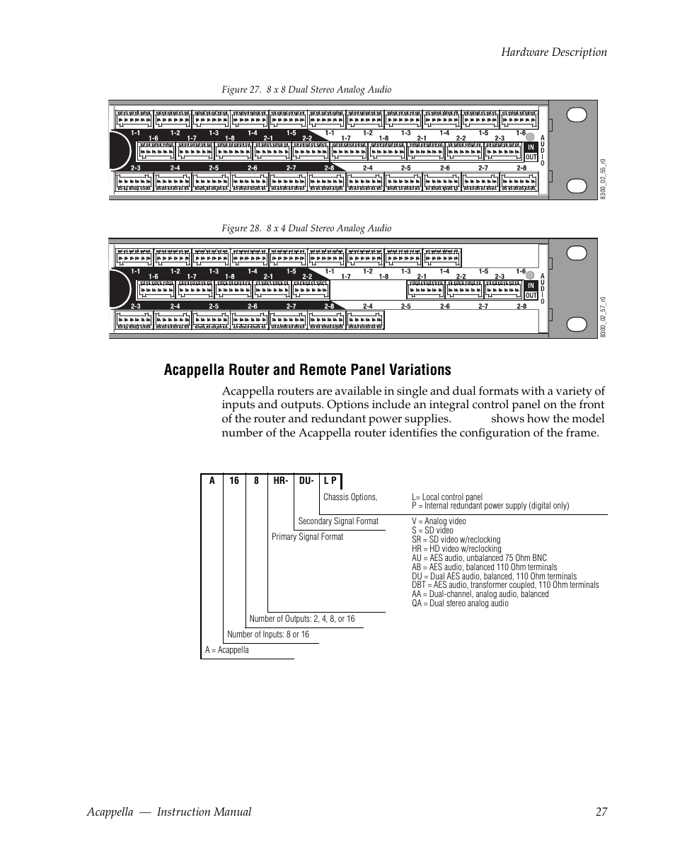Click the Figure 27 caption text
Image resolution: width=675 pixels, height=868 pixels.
point(306,90)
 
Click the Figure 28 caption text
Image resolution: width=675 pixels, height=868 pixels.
point(306,228)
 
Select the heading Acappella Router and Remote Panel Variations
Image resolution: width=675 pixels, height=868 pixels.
point(306,370)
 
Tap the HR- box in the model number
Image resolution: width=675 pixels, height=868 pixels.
point(280,481)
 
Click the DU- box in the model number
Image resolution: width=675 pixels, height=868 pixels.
point(306,481)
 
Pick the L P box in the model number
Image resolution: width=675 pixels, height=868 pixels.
point(330,481)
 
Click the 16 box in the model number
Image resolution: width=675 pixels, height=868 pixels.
point(234,481)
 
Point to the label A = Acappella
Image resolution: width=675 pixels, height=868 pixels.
point(227,650)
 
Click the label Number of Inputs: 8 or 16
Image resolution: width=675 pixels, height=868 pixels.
point(268,635)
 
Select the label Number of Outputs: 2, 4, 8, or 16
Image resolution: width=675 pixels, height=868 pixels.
point(302,619)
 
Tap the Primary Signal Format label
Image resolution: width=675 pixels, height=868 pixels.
point(307,537)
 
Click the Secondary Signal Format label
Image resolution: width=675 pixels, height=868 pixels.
point(338,521)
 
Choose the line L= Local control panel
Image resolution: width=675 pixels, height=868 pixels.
point(446,497)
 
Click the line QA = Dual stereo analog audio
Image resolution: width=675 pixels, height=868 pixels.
point(460,603)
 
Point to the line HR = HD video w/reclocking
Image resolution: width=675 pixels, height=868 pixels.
point(456,549)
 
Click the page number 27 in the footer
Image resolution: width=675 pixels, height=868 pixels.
point(601,812)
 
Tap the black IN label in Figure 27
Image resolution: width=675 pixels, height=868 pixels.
point(531,148)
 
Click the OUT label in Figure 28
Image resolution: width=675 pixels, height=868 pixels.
point(531,296)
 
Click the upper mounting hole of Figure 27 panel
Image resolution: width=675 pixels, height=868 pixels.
point(578,115)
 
